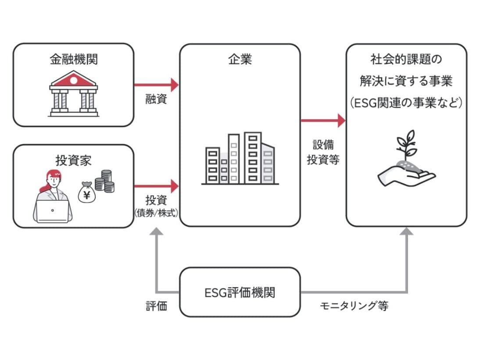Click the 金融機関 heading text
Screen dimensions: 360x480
73,60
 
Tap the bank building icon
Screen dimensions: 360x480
73,94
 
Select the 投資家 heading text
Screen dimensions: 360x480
73,160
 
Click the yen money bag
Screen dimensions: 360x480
86,193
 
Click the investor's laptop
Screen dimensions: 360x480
52,212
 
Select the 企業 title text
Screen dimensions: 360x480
240,60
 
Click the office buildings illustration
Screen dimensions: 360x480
240,158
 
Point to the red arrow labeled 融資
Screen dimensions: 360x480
156,84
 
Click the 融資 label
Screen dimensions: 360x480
156,99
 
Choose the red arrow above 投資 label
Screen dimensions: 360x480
156,186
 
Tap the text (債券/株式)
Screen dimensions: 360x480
156,212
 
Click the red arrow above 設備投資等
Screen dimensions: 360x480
323,120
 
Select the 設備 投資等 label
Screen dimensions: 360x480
323,153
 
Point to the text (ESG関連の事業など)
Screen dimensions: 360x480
406,103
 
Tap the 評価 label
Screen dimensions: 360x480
156,306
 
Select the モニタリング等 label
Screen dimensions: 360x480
353,306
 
